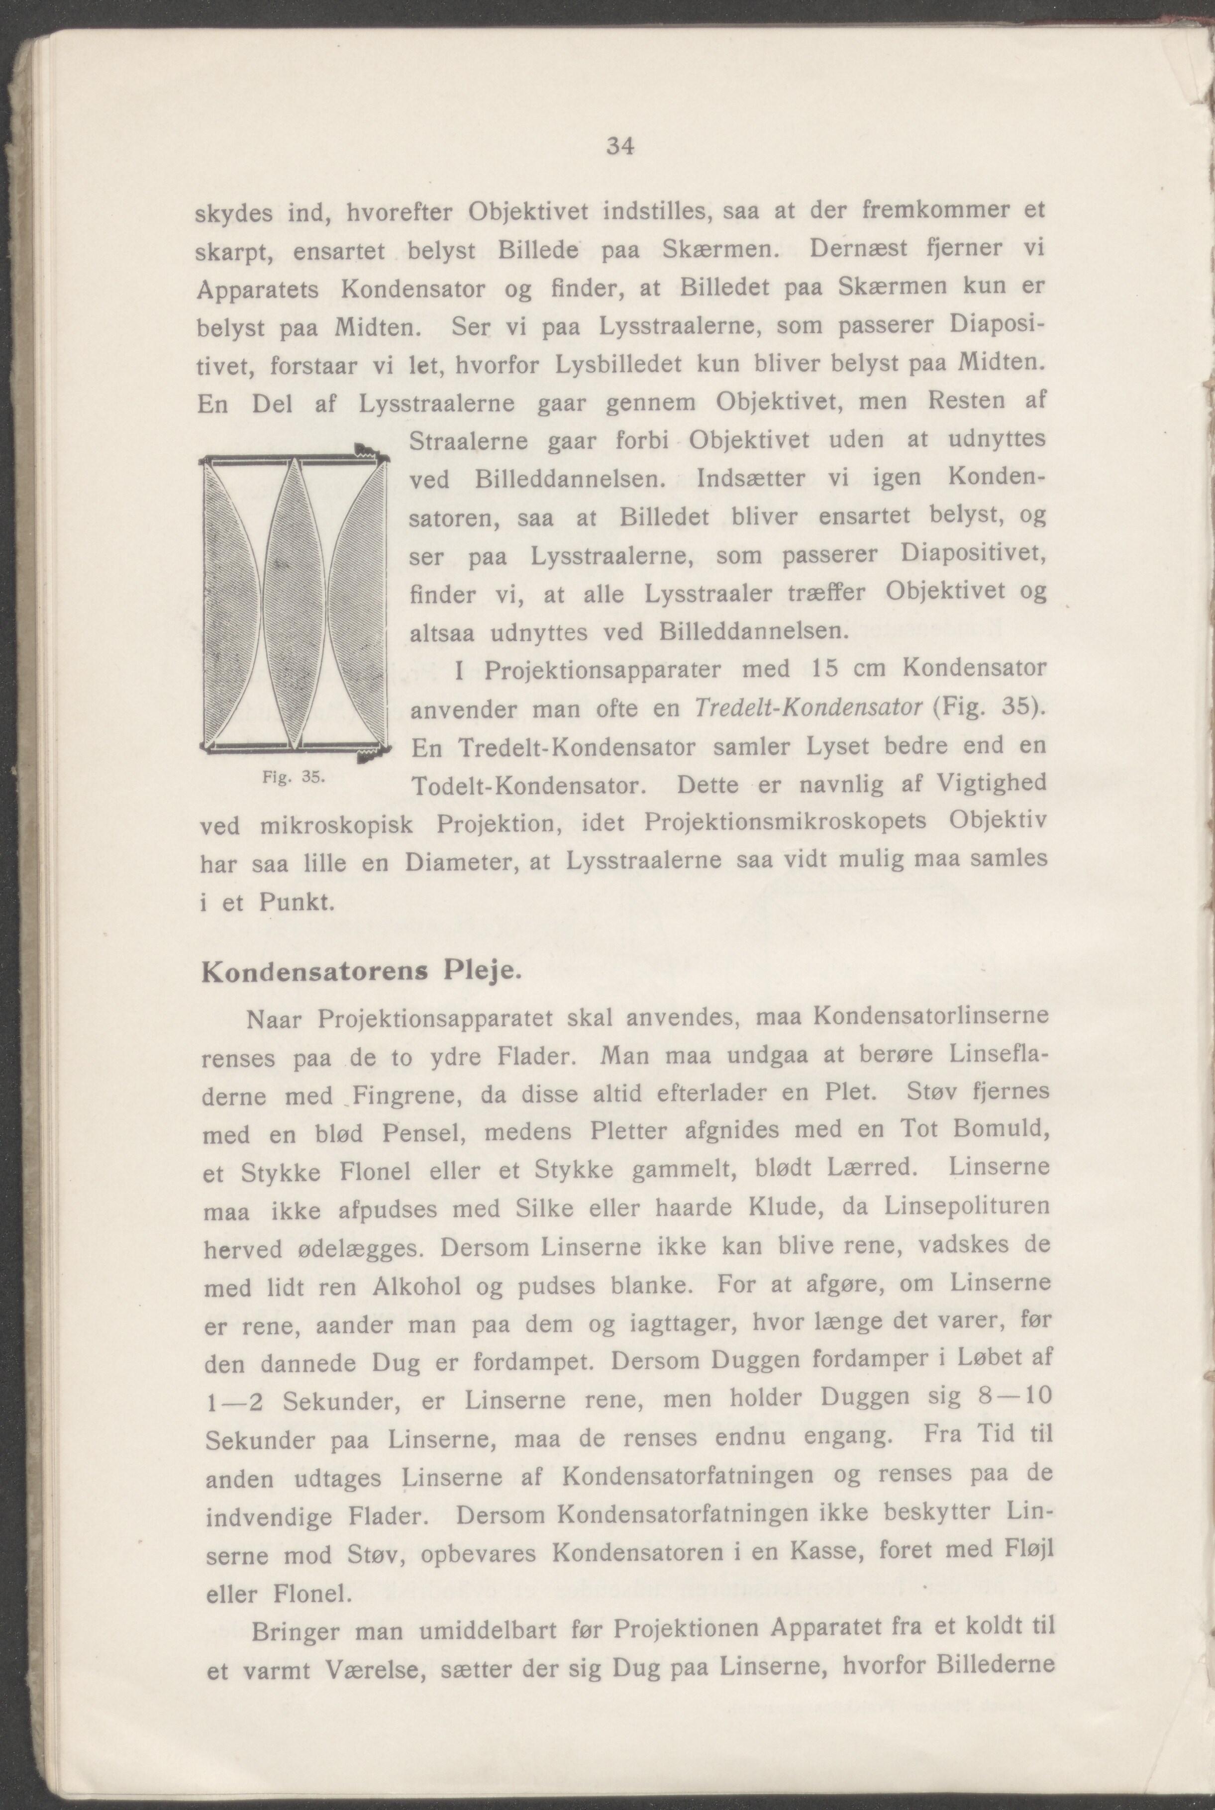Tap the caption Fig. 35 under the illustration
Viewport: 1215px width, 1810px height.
(x=292, y=777)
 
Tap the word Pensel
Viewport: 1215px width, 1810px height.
(x=421, y=1133)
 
